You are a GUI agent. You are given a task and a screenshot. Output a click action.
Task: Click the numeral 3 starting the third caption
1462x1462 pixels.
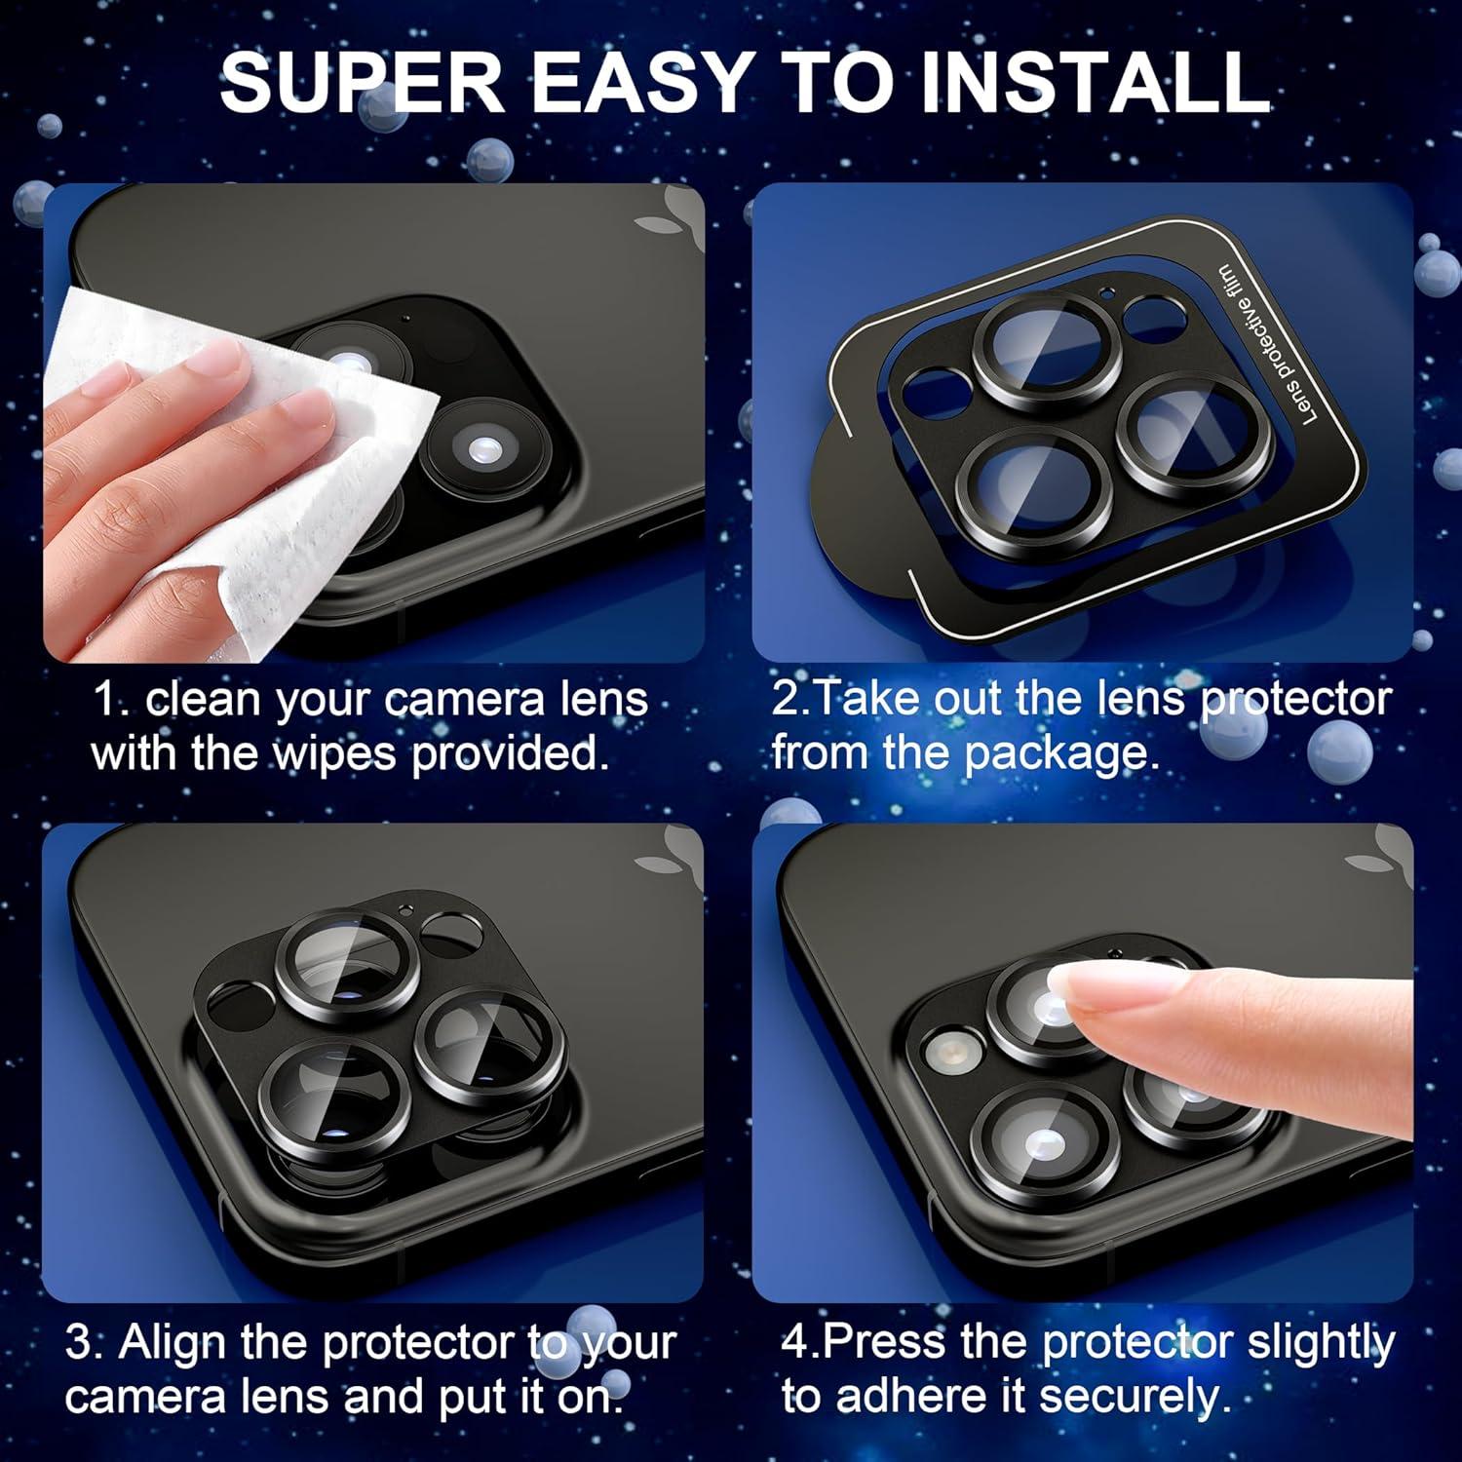point(78,1343)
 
